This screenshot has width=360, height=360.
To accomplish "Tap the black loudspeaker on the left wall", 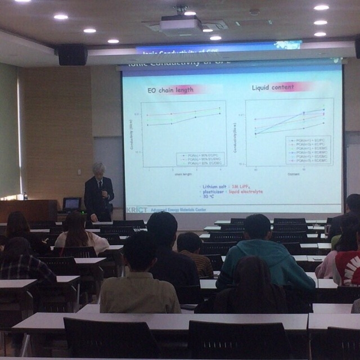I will (73, 55).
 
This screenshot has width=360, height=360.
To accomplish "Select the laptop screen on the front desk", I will (72, 203).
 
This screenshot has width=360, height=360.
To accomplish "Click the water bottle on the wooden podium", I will (25, 196).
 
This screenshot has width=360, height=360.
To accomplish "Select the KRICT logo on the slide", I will (138, 209).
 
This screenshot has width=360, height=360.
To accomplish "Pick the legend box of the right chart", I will (308, 150).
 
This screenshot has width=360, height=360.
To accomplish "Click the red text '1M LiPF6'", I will (253, 186).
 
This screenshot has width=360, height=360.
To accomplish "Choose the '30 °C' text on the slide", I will (209, 197).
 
